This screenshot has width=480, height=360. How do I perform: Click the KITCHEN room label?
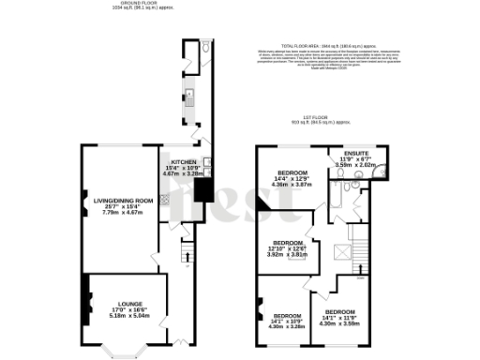pyautogui.click(x=183, y=161)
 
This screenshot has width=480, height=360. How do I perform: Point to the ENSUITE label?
pyautogui.click(x=355, y=152)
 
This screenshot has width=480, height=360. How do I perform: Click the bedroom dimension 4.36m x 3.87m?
pyautogui.click(x=291, y=185)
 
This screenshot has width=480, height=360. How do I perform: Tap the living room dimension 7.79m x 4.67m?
pyautogui.click(x=117, y=212)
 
